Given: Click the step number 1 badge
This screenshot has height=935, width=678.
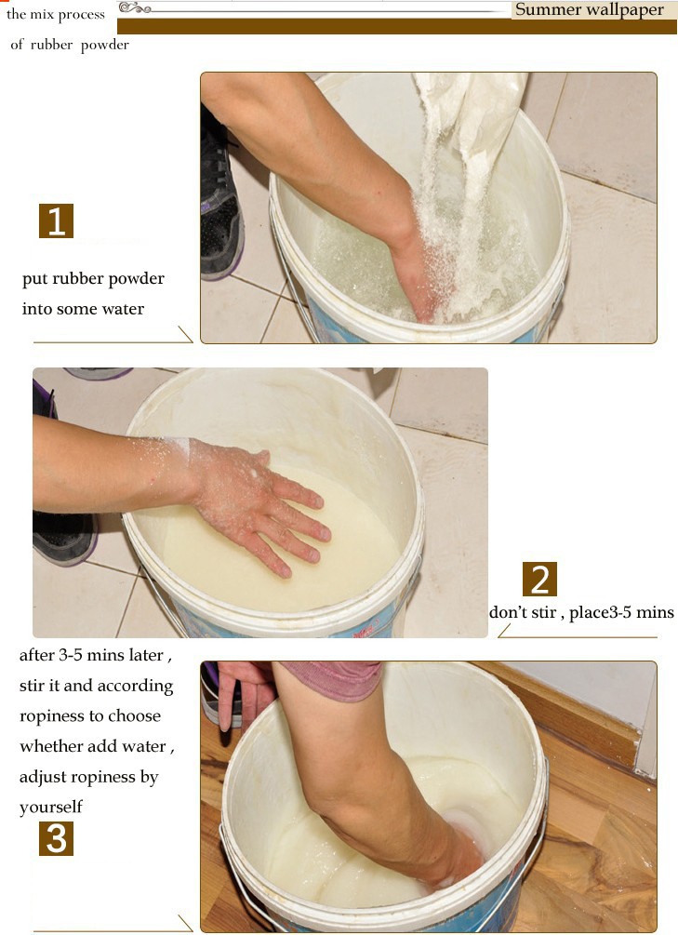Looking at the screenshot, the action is pos(56,220).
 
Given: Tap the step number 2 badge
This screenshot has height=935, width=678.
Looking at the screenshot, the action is pos(539,579).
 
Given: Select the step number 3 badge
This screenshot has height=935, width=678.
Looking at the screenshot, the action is pos(56,838).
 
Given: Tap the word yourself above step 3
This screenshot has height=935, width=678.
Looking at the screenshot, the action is pos(50,808).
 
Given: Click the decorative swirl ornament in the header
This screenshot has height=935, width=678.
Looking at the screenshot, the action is pos(134,7).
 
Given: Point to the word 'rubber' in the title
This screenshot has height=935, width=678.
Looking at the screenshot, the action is pos(52,45).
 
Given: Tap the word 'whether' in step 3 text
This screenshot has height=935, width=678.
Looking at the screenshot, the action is pos(49,746).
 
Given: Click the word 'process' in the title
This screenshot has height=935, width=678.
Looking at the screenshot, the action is pos(81,15).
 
